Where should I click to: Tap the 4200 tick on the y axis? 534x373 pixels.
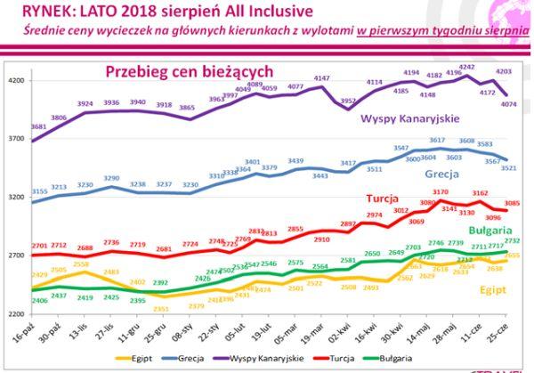tap(14, 80)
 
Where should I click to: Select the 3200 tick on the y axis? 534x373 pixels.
tap(14, 197)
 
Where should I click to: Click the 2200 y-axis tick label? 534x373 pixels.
tap(14, 313)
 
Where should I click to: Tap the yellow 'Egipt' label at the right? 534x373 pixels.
tap(497, 289)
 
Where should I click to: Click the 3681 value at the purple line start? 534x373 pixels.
tap(37, 127)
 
